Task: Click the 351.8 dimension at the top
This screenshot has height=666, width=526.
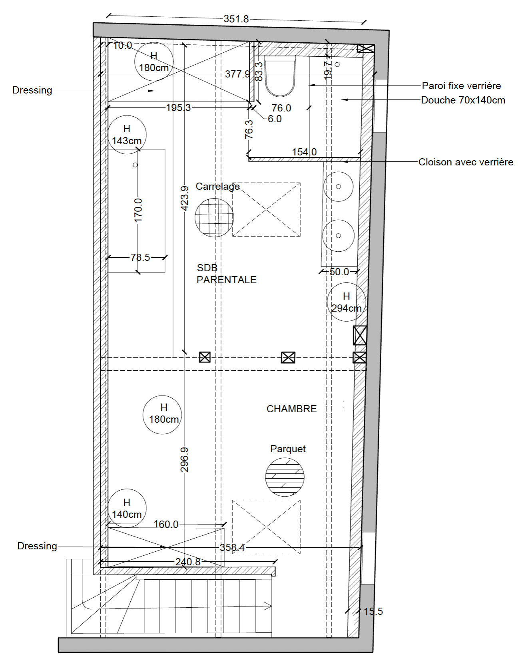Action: coord(236,19)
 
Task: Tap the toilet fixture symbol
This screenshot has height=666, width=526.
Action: coord(280,76)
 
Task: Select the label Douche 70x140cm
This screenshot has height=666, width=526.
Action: coord(463,100)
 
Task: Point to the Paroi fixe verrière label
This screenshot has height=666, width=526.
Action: coord(461,85)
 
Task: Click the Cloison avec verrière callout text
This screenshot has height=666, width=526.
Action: coord(466,162)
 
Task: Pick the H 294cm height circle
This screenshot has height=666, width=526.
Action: coord(346,302)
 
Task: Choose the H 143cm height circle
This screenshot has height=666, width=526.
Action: coord(127,135)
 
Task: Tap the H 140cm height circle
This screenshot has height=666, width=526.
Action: coord(127,508)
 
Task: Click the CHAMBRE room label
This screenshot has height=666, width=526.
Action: coord(291,409)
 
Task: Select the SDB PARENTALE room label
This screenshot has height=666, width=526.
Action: coord(226,274)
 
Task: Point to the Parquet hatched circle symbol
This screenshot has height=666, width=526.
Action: coord(285,477)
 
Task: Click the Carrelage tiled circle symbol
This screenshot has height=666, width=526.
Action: coord(214,218)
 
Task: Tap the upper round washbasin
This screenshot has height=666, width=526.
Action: coord(338,187)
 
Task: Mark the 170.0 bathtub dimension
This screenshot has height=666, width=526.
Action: coord(138,210)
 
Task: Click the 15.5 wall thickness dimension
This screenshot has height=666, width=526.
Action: coord(373,611)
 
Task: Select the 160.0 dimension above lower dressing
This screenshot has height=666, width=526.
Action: coord(166,524)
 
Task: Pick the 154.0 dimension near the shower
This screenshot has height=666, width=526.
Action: coord(304,152)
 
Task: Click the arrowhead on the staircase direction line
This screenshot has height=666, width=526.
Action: coord(268,606)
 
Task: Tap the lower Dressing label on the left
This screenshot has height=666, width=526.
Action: coord(37,546)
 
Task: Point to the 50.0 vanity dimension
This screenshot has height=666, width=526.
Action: coord(339,272)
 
